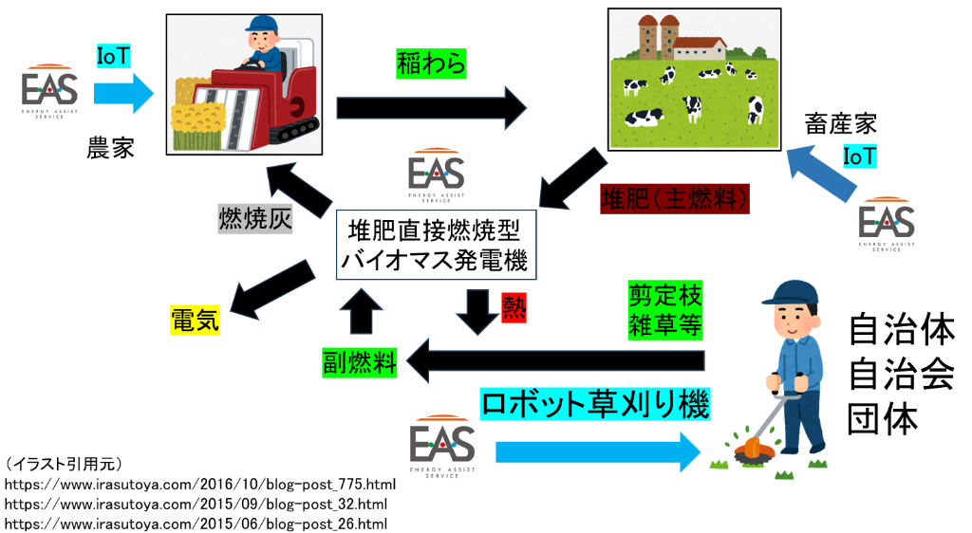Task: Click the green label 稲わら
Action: (431, 64)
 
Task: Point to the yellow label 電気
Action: (195, 320)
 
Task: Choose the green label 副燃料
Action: (358, 361)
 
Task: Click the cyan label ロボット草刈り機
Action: (595, 405)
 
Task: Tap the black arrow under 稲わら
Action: (432, 104)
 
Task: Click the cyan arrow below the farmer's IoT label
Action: (122, 93)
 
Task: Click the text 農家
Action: (110, 148)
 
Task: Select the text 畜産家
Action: (840, 123)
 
